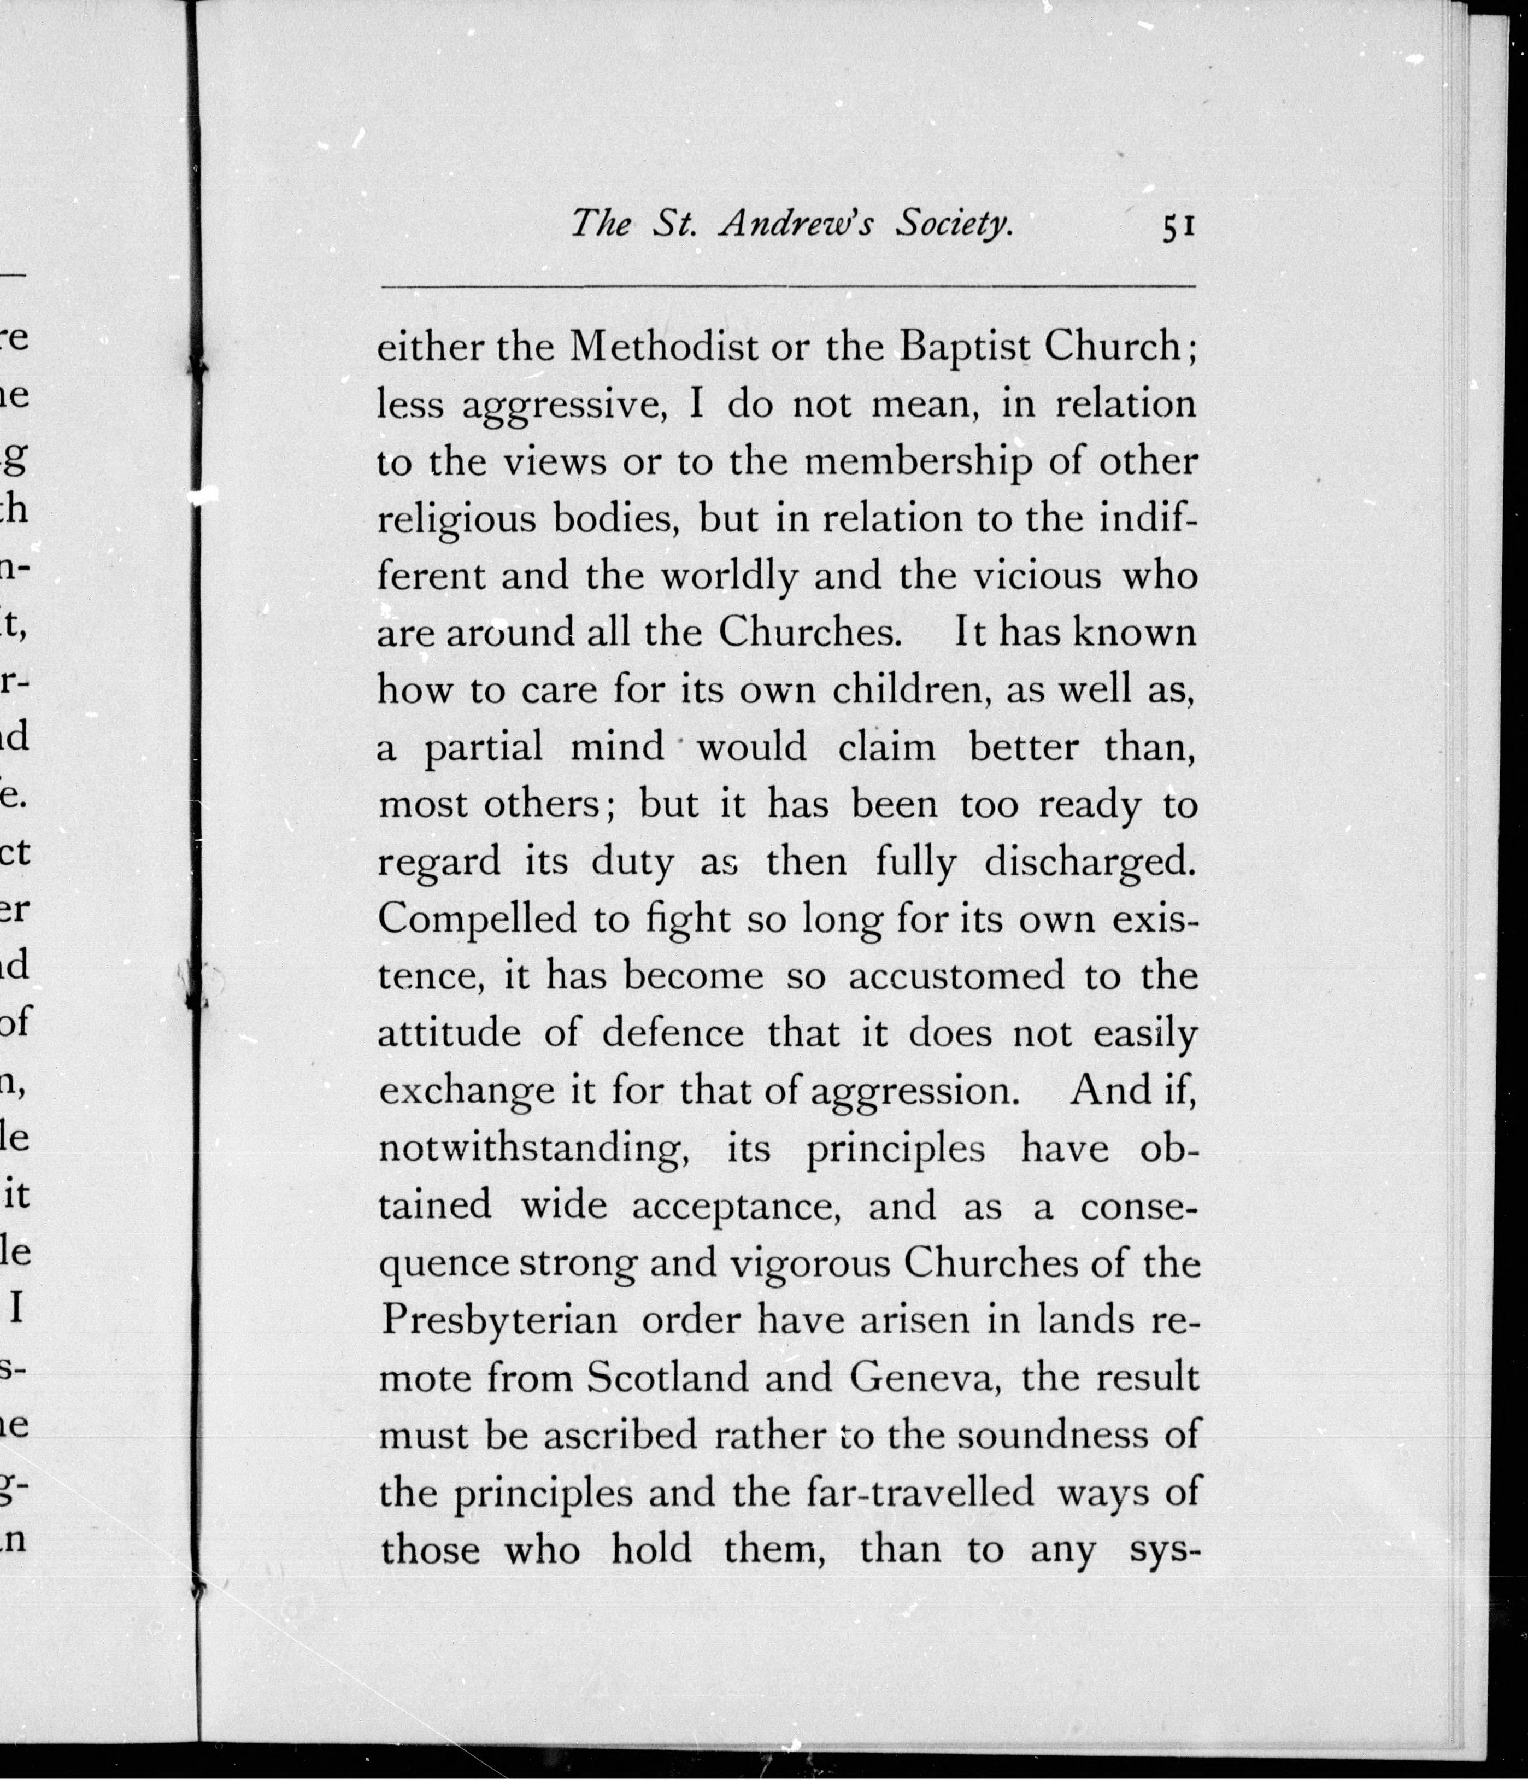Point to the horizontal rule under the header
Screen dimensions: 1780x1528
[x=787, y=286]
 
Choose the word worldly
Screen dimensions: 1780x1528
[x=728, y=576]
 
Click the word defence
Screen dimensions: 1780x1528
[x=673, y=1033]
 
